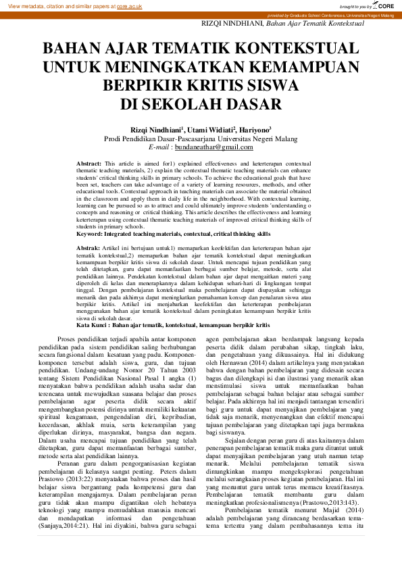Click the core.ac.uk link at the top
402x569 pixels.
(x=129, y=5)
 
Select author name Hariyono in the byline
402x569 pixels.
(x=253, y=129)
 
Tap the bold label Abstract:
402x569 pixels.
(x=89, y=164)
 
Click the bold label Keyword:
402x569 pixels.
(x=91, y=234)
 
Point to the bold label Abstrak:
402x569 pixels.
(x=89, y=249)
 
